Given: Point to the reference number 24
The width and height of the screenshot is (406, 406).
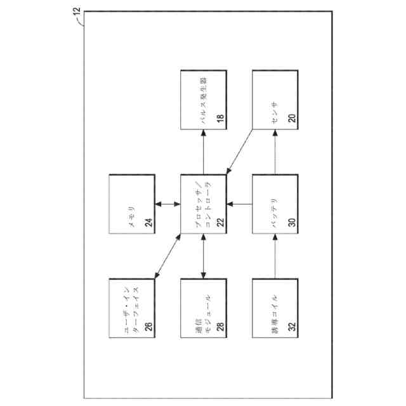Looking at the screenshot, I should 149,221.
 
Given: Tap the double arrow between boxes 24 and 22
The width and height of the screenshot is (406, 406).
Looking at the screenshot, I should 167,204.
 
